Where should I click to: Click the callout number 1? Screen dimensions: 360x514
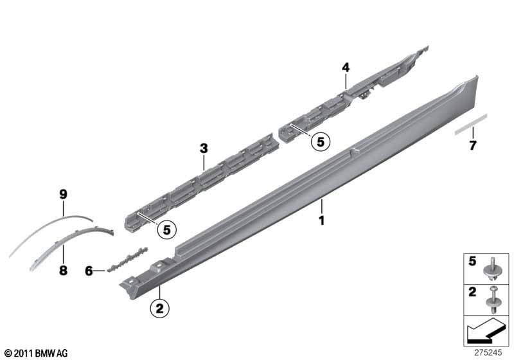[322, 221]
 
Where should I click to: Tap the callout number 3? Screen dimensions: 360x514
[204, 149]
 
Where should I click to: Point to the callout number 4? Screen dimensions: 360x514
[346, 67]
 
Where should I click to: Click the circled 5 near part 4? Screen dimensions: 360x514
[319, 141]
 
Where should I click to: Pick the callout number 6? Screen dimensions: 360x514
[89, 271]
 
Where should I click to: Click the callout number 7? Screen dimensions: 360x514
[473, 145]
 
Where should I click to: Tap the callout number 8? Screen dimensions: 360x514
[63, 271]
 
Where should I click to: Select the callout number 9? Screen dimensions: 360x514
[64, 193]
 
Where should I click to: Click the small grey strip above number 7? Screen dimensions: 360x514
[472, 123]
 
